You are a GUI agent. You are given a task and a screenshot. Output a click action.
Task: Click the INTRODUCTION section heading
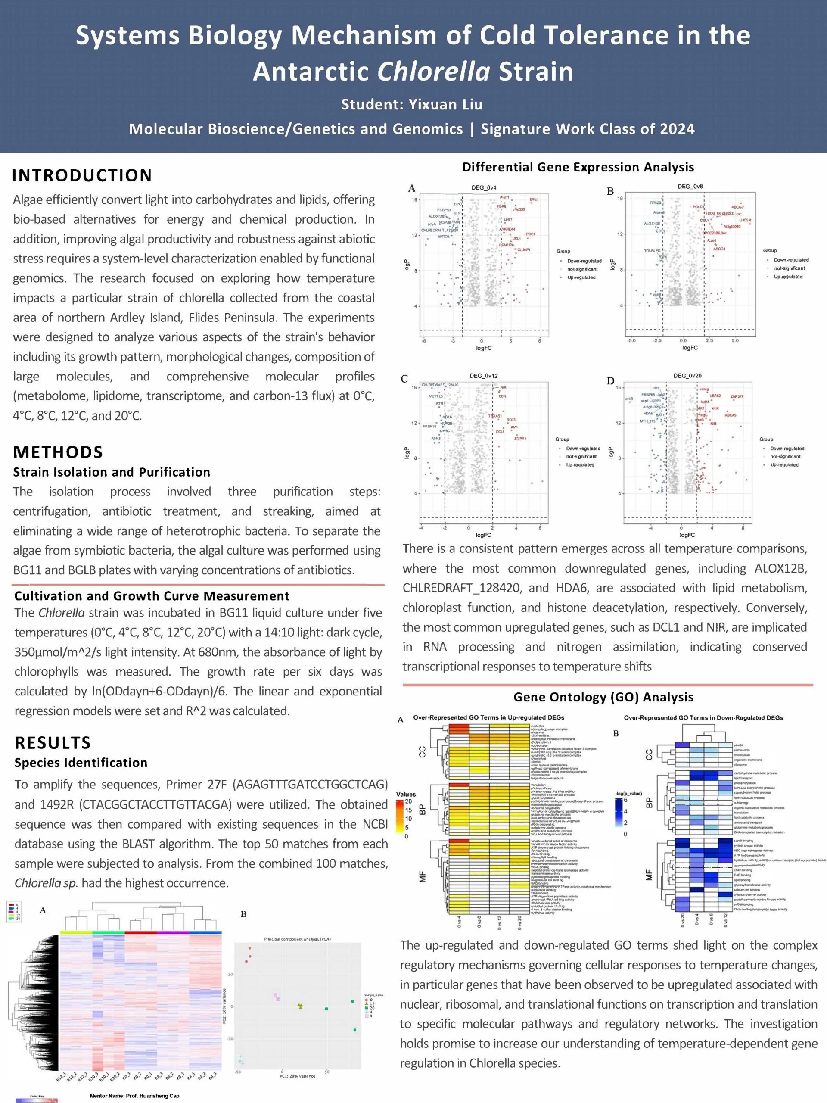pos(82,175)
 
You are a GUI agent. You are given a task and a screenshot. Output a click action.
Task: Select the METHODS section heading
pos(58,452)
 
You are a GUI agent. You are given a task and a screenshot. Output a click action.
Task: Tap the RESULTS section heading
pos(53,742)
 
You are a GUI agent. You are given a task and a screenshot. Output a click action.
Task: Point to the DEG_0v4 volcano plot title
pos(484,187)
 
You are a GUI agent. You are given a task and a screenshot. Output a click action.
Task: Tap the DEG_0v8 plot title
pos(690,187)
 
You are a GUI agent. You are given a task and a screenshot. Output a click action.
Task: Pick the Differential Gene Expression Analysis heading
pos(578,167)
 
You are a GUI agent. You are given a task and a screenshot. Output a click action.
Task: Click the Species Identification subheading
pos(81,763)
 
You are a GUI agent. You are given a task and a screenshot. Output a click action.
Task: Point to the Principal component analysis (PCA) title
pos(298,939)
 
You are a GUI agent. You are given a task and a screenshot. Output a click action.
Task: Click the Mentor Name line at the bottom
pos(134,1096)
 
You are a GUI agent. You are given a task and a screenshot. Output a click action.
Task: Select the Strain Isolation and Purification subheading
pos(112,472)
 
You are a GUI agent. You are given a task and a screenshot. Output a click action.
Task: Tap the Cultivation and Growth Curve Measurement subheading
pos(152,596)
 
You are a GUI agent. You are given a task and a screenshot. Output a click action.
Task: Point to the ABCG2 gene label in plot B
pos(737,207)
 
